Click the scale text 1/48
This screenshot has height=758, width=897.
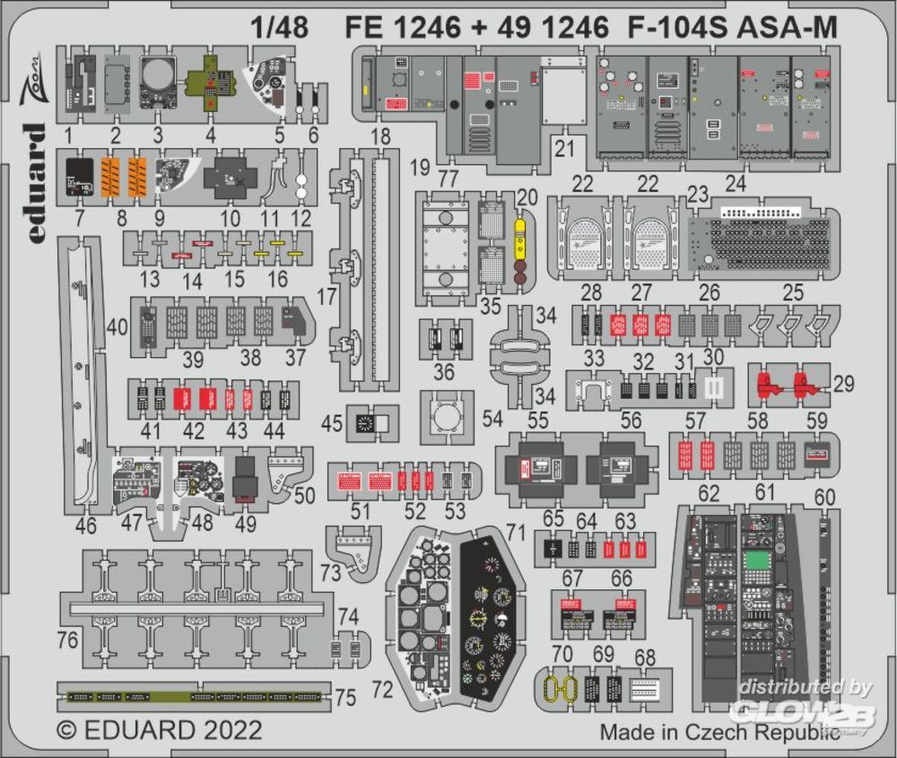point(281,28)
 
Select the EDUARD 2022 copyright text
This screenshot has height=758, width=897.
point(160,728)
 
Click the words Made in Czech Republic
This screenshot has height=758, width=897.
point(720,731)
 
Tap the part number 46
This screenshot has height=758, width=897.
point(86,526)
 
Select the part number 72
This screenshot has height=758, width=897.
point(382,690)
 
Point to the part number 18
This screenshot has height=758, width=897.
point(380,136)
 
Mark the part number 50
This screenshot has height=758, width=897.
point(305,494)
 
